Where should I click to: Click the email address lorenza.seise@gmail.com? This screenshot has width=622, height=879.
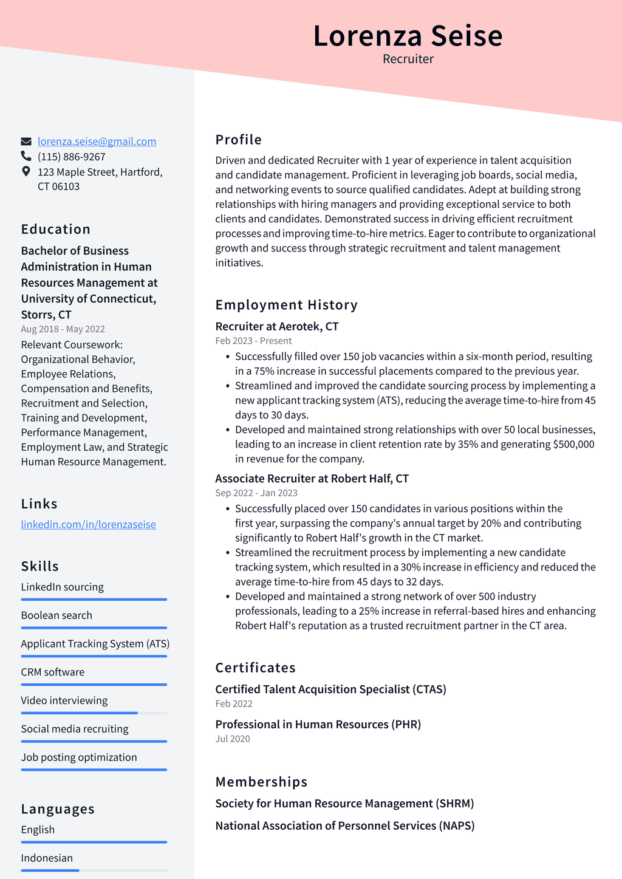(x=97, y=142)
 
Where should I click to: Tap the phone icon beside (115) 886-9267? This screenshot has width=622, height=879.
(x=26, y=157)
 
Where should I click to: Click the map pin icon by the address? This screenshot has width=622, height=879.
(x=26, y=172)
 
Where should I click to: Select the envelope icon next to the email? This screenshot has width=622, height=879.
(x=26, y=142)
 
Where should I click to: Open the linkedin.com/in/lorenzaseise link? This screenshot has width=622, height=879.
(x=89, y=524)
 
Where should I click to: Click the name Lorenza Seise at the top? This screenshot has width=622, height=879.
(x=408, y=36)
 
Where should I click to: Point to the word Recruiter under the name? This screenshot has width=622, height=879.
(x=408, y=59)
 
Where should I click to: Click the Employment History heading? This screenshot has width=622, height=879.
(x=286, y=305)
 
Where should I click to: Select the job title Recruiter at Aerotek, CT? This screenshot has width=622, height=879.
(x=276, y=326)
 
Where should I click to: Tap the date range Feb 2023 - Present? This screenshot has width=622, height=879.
(x=253, y=341)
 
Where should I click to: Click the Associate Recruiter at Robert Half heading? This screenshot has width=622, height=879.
(x=312, y=478)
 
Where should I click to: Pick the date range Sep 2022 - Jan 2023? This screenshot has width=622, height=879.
(x=256, y=493)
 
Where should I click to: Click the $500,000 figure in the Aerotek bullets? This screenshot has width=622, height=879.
(x=573, y=444)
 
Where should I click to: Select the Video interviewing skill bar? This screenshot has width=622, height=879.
(x=94, y=713)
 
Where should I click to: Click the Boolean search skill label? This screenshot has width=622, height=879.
(x=56, y=615)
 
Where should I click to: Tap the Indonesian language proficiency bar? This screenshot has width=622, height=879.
(x=94, y=870)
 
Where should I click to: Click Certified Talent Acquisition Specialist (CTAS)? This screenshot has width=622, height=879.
(x=330, y=689)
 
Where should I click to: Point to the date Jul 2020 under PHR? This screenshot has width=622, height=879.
(x=233, y=739)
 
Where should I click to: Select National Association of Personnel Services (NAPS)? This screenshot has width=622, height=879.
(x=344, y=826)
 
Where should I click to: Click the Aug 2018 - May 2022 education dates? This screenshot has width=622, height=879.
(x=63, y=329)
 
